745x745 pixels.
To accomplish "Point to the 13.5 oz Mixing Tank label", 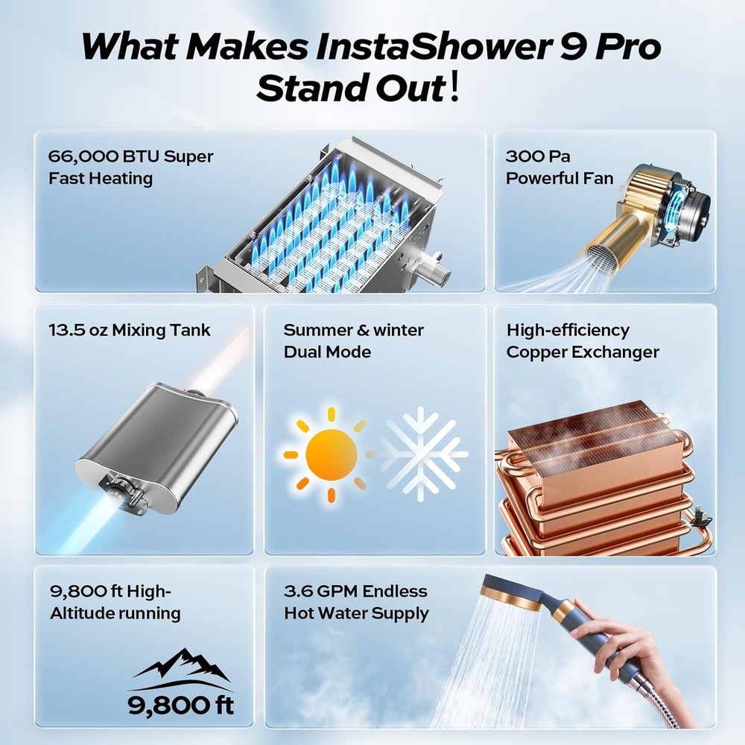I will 130,330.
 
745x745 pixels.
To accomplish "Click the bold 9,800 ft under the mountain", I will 180,705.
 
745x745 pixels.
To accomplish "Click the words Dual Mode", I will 327,352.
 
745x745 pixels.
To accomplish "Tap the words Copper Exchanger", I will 583,352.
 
